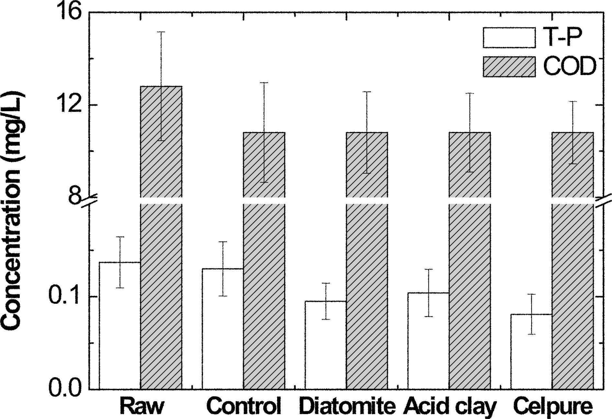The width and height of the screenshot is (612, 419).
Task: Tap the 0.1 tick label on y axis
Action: pos(64,297)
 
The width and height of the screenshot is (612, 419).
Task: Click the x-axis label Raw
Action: pos(142,407)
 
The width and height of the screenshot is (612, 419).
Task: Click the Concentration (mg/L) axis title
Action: pos(13,211)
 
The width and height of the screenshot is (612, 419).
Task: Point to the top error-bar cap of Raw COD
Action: pos(161,32)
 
